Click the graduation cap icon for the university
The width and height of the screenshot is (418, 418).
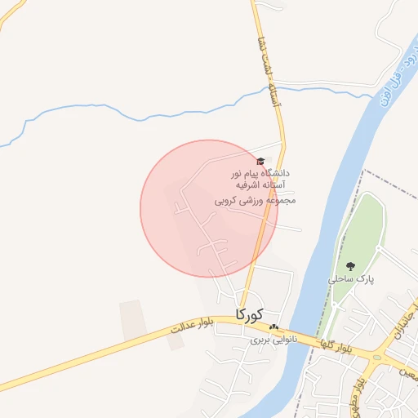(260, 162)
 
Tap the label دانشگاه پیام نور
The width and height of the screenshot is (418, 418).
(260, 174)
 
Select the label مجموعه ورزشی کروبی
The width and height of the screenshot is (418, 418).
(260, 199)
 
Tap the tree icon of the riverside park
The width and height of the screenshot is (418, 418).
(351, 266)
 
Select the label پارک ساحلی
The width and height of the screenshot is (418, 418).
(351, 278)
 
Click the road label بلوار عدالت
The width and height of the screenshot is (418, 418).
(193, 326)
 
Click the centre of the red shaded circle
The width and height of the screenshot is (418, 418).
(210, 208)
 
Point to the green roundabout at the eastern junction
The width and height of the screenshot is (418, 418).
(377, 356)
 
